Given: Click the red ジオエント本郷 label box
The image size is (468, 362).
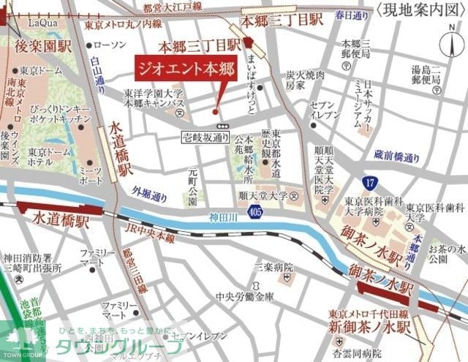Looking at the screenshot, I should [178, 71].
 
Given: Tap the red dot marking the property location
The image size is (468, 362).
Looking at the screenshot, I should [214, 112].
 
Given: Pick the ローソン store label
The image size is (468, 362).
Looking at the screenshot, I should [110, 45].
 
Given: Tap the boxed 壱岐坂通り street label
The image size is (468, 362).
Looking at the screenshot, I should [206, 137].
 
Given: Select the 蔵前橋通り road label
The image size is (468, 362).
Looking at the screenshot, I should [397, 157].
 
